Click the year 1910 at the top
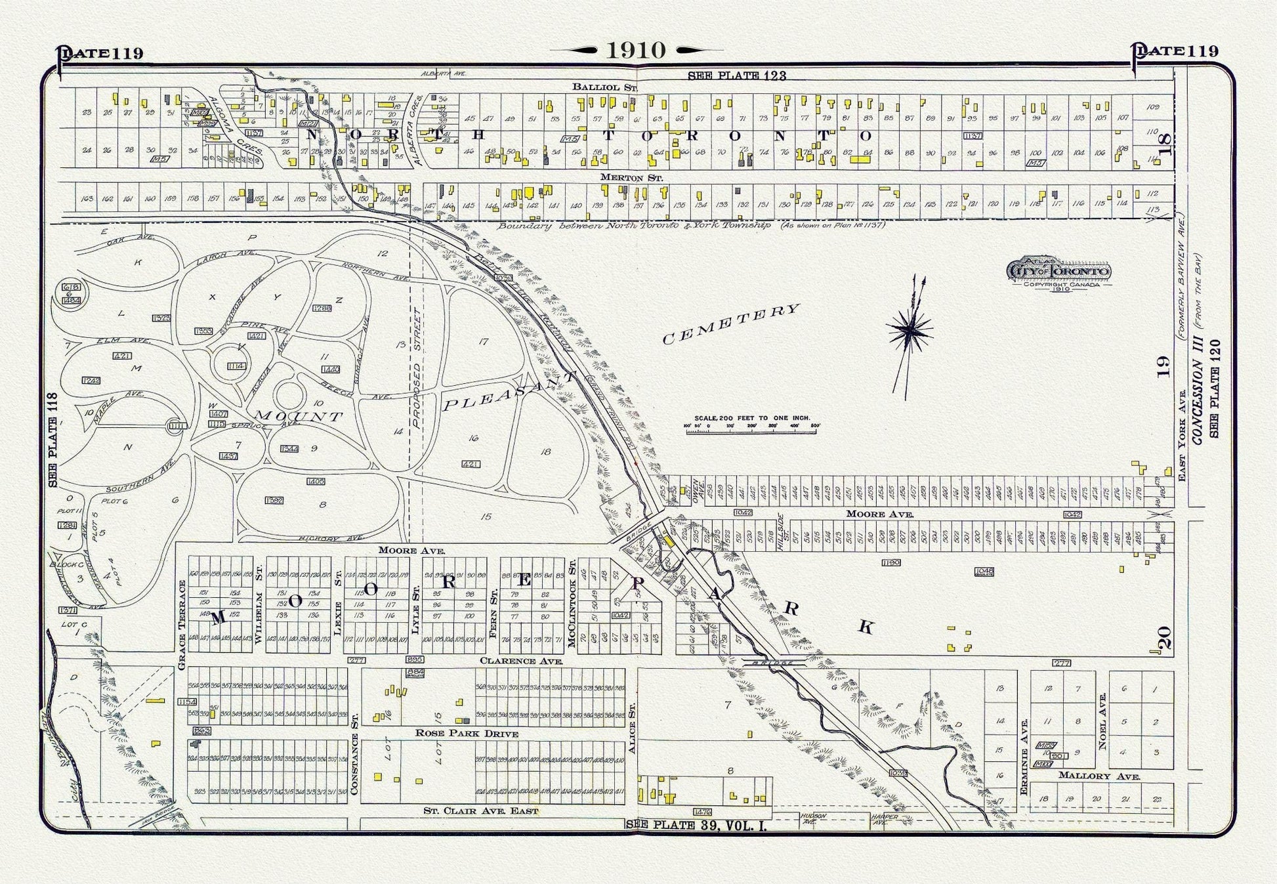(636, 50)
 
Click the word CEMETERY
(731, 324)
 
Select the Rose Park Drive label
(467, 734)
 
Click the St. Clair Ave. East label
(480, 811)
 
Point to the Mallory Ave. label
(1099, 776)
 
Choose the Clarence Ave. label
(521, 661)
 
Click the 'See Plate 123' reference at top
(736, 75)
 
